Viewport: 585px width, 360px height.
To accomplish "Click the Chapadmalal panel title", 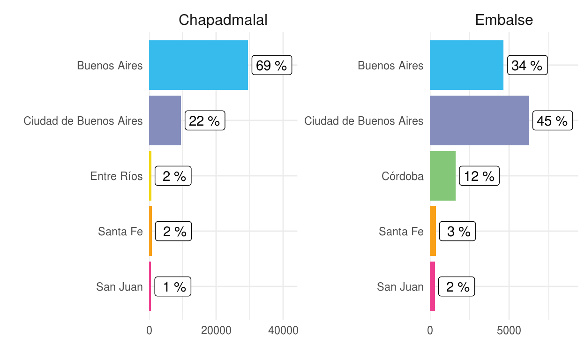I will click(223, 20).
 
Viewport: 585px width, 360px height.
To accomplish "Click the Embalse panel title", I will click(504, 20).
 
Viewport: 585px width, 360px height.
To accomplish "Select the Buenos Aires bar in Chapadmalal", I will click(198, 65).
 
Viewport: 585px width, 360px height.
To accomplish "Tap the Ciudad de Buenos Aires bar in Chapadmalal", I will click(165, 120).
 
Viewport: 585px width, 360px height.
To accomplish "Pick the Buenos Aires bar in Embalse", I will click(466, 65).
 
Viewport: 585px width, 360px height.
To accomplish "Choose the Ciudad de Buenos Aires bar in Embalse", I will click(479, 120).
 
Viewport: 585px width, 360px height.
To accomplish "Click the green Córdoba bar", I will click(442, 176).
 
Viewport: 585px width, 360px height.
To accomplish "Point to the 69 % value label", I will click(272, 65).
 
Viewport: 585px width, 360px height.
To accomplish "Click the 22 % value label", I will click(205, 120).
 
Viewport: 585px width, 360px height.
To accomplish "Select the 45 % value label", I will click(553, 120).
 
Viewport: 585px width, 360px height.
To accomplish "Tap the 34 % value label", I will click(527, 65).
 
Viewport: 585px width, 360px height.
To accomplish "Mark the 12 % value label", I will click(480, 176).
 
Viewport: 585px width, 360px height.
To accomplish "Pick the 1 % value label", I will click(173, 286).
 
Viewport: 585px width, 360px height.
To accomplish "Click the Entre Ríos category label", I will click(116, 176).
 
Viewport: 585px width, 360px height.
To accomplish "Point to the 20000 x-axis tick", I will click(216, 330).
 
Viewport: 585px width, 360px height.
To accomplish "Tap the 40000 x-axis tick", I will click(283, 330).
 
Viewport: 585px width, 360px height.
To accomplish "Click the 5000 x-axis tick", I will click(509, 330).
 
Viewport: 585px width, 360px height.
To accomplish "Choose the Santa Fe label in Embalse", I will click(401, 232).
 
